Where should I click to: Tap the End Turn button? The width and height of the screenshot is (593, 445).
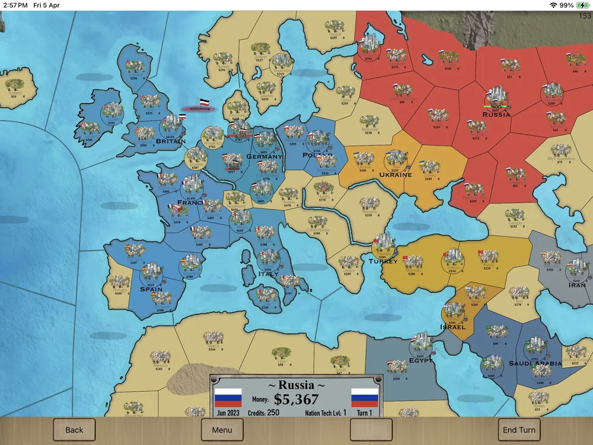pos(519,430)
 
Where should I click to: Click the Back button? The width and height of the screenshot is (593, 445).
pos(74,430)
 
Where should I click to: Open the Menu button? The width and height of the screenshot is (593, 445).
pos(222,430)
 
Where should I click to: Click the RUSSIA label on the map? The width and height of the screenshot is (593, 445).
pos(496,115)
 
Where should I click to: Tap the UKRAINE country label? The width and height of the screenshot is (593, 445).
pos(396,175)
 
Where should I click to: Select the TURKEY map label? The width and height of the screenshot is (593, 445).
pos(383,261)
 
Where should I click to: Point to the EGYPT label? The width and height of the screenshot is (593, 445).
pos(420,360)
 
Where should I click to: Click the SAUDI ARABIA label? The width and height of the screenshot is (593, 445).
pos(535,363)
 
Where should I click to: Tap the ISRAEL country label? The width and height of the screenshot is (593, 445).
pos(453,327)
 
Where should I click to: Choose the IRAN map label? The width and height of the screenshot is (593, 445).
pos(577,285)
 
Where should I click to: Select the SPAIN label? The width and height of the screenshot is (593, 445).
pos(151,290)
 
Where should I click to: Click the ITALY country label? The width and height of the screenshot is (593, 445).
pos(268,274)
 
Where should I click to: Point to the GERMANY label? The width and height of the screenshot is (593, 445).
pos(264,157)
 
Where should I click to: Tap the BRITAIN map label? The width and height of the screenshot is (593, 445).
pos(171,141)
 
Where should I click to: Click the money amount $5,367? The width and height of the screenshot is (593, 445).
pos(296,399)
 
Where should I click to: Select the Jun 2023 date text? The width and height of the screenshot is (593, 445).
pos(229,412)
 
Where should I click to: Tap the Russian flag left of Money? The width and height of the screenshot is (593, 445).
pos(228,397)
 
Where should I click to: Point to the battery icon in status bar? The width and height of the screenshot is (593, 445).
pos(583,5)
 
